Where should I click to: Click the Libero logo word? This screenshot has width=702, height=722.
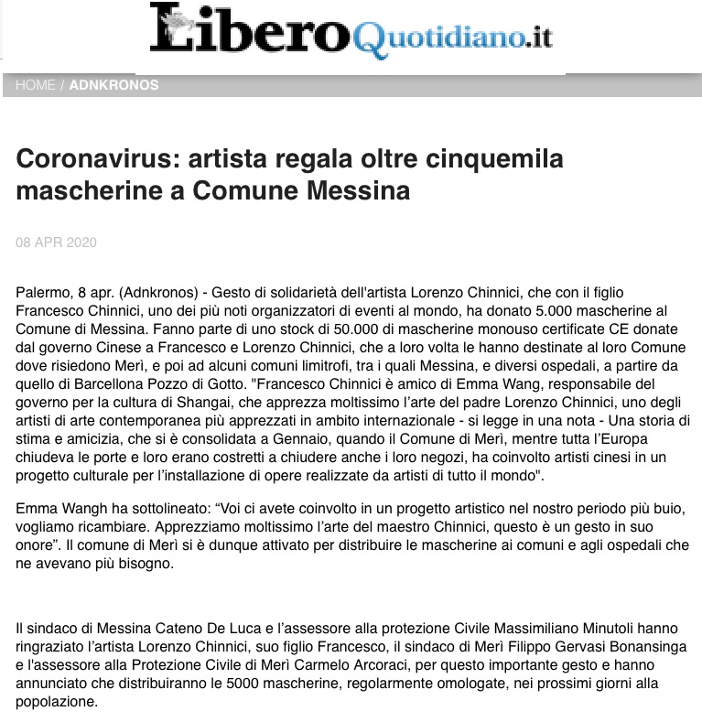(x=247, y=31)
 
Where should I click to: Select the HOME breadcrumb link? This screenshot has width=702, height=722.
(x=36, y=85)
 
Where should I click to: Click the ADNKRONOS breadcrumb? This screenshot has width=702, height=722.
(x=113, y=85)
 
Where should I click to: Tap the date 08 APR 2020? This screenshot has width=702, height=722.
(x=57, y=242)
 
